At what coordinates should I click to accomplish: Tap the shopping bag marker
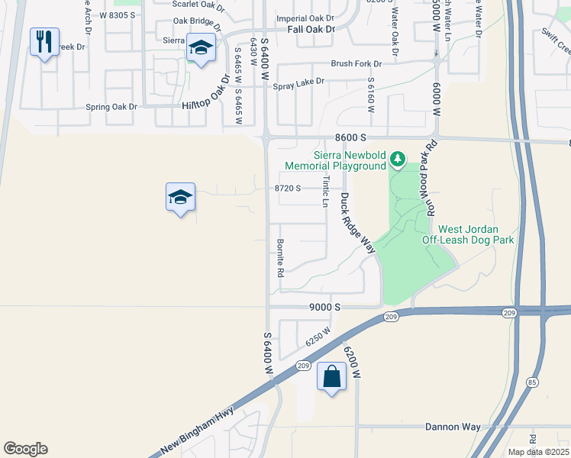point(332,376)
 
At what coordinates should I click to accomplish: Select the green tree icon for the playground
point(396,159)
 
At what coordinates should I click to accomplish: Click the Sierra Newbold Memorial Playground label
point(335,160)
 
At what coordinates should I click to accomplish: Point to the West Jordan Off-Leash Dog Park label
point(469,234)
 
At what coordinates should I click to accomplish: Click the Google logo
point(25,449)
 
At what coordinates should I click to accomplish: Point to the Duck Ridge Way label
point(358,223)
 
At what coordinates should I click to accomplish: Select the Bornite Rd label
point(281,261)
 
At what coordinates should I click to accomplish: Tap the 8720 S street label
point(288,188)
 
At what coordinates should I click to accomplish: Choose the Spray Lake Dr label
point(298,81)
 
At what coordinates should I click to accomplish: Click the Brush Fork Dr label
point(356,64)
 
